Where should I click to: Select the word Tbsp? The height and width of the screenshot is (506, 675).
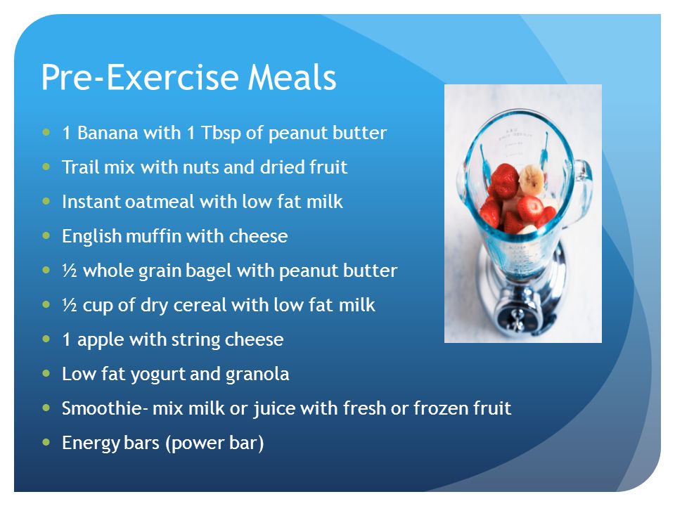click(x=220, y=133)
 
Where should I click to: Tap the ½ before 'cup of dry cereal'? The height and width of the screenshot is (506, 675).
click(x=70, y=304)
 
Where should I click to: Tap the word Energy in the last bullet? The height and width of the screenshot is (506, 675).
click(x=90, y=443)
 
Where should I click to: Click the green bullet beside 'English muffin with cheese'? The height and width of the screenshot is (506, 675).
click(x=46, y=235)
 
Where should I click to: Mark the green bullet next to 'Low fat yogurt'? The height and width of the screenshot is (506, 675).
click(x=46, y=373)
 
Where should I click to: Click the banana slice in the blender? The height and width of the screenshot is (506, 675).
click(x=532, y=179)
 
